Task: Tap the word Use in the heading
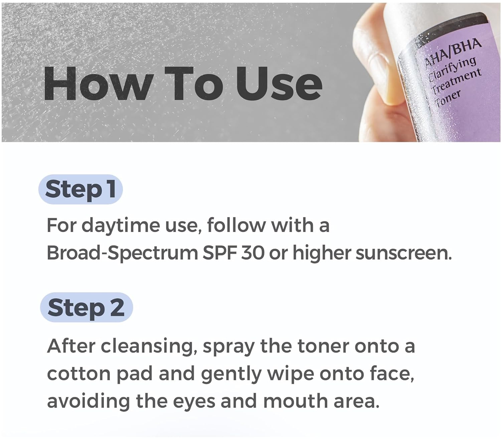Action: [x=279, y=84]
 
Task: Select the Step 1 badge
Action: [x=80, y=189]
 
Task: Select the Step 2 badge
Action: [x=87, y=307]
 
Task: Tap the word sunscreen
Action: [x=403, y=254]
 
